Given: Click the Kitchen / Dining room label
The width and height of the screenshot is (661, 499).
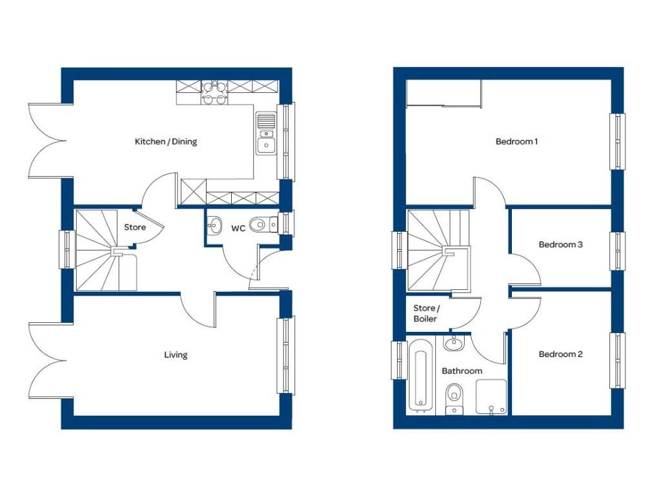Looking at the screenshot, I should (166, 141).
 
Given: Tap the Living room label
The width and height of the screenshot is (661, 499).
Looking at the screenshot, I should (176, 354).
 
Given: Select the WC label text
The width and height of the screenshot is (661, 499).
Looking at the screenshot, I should (238, 227).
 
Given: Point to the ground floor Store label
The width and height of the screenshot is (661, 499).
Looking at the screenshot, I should (135, 227).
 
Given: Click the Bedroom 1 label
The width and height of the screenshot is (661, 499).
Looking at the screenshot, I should (516, 141).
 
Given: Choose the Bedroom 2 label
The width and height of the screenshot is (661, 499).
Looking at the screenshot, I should (560, 354).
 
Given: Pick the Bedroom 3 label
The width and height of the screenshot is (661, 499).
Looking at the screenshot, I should (560, 245).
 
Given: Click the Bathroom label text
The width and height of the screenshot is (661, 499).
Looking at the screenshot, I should (462, 371).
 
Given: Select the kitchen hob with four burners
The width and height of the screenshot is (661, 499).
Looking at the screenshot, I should (214, 92).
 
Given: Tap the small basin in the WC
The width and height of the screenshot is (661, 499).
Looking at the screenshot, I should (212, 225).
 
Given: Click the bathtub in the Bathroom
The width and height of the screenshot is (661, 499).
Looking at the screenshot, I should (420, 376).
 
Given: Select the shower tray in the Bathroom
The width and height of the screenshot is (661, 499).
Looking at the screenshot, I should (491, 396).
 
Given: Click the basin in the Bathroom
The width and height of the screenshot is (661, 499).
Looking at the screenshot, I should (454, 343).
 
